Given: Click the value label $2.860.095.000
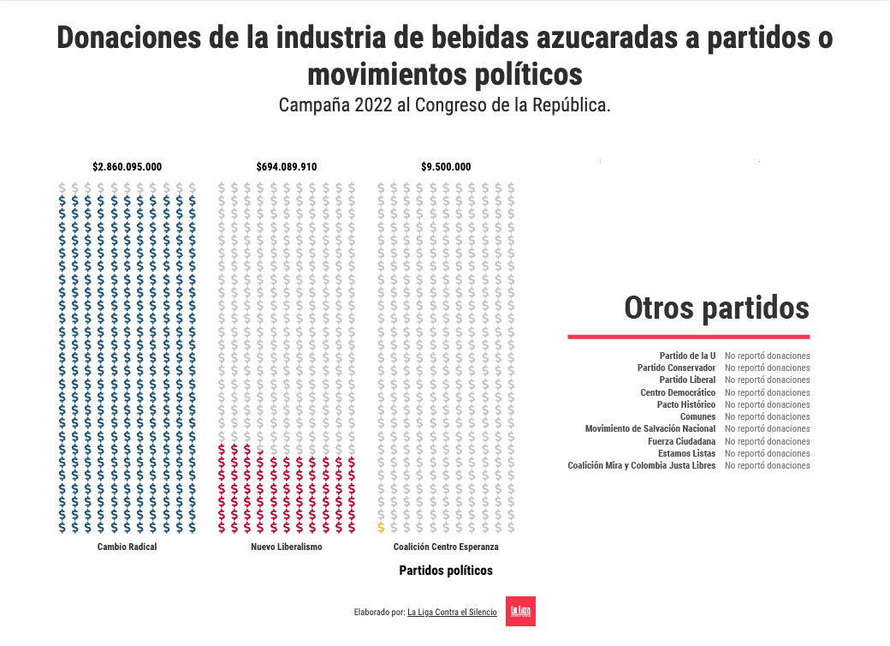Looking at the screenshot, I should [127, 167].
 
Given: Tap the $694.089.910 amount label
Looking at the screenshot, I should [286, 167].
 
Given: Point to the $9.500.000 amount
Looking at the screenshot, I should [445, 167].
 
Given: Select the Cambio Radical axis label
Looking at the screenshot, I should [127, 547].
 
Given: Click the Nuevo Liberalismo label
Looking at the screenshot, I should [286, 547].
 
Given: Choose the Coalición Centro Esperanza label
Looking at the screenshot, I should [445, 547].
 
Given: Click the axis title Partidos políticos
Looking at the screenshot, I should [445, 571].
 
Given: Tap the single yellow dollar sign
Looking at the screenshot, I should [381, 527].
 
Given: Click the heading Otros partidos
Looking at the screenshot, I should [716, 308].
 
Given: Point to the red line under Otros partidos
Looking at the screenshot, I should [688, 337].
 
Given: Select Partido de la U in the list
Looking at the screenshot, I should [687, 356].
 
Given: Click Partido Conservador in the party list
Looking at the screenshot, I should [676, 368].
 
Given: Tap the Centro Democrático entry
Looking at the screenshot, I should [678, 392].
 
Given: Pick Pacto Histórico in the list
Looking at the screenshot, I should [686, 404].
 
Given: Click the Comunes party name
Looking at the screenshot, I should [697, 416].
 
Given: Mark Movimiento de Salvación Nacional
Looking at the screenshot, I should [650, 428].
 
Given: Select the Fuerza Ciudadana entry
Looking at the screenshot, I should [681, 441].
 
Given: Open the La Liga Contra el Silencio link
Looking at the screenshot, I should [452, 613].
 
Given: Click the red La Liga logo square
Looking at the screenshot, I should [520, 611].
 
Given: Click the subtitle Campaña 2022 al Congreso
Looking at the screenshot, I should [444, 105].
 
